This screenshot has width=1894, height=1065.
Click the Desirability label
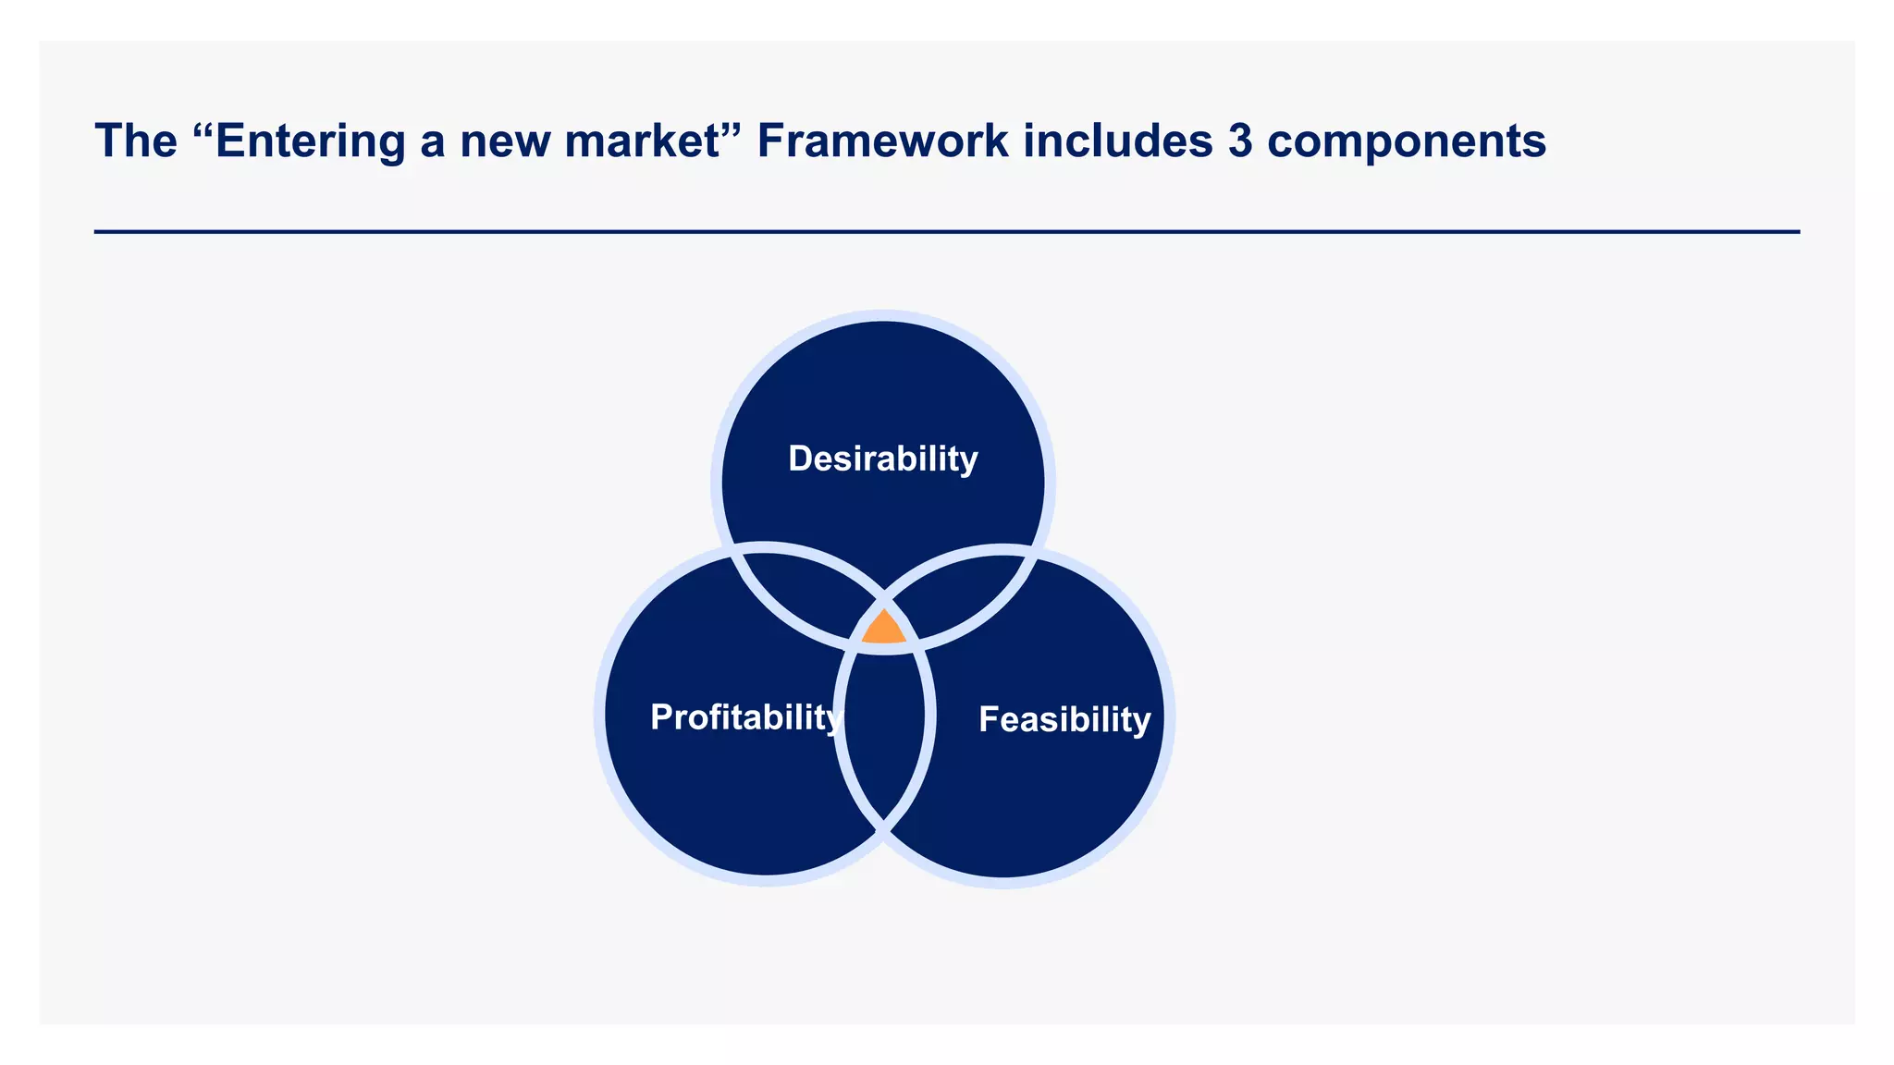coord(882,459)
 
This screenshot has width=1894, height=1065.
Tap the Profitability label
coord(745,717)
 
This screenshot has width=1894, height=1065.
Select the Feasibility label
coord(1064,719)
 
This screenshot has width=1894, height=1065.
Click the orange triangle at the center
coord(883,630)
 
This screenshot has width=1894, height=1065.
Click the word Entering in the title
coord(310,141)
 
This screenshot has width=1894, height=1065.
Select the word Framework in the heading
coord(882,141)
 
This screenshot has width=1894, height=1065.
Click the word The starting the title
coord(136,141)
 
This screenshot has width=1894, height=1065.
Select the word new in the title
coord(504,141)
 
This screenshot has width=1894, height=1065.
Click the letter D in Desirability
coord(800,459)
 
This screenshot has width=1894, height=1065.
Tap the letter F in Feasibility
coord(989,719)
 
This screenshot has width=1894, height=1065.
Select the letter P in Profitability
coord(661,717)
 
